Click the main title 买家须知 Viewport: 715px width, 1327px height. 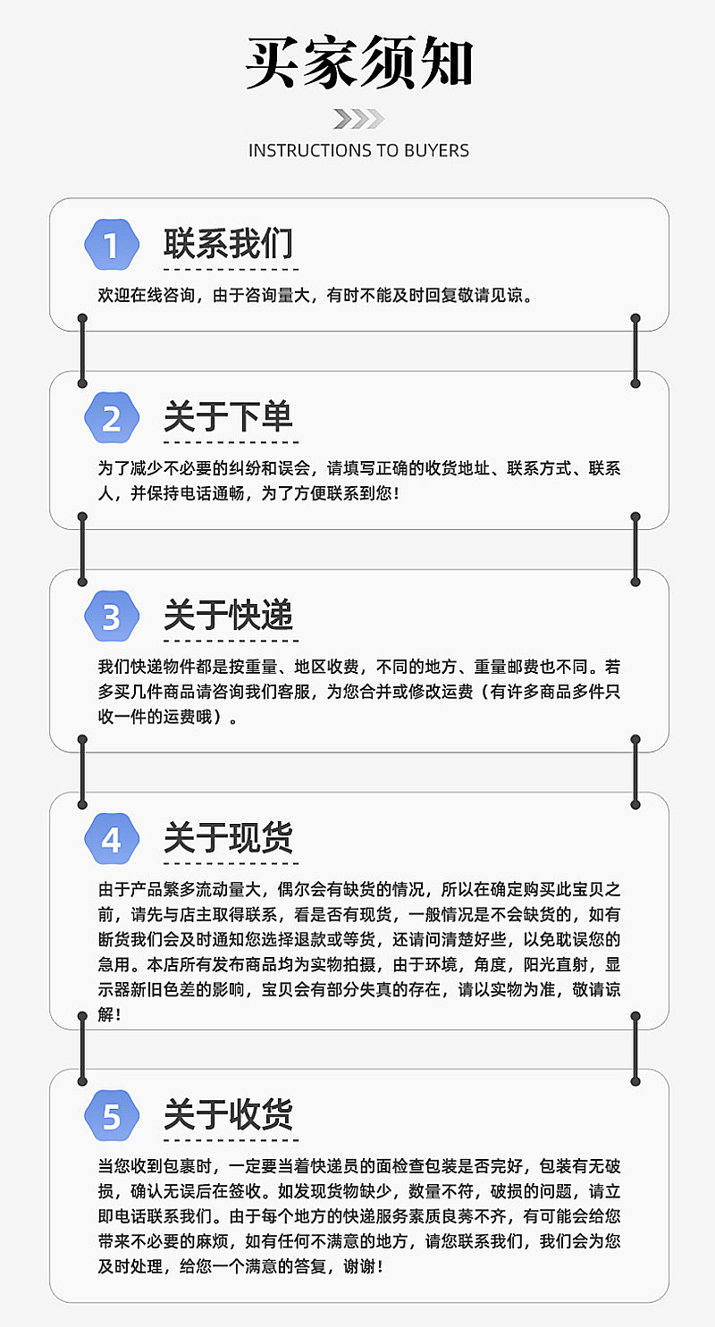click(358, 64)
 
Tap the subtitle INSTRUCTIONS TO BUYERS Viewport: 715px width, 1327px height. click(358, 150)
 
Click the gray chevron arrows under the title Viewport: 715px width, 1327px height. click(358, 119)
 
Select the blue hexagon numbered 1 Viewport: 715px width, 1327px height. click(112, 245)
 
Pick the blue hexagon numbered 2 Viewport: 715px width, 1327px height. click(112, 418)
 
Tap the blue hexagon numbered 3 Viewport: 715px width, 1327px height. click(112, 617)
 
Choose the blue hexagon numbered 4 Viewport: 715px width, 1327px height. click(112, 840)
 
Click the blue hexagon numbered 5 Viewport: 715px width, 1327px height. click(112, 1117)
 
